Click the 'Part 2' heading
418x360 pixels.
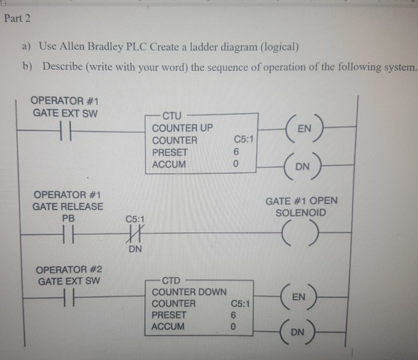click(x=17, y=18)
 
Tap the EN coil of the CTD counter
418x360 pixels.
click(x=304, y=297)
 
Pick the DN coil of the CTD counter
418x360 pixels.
click(x=304, y=332)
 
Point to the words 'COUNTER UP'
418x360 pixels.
click(x=182, y=128)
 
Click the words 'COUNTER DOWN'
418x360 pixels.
click(x=188, y=292)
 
